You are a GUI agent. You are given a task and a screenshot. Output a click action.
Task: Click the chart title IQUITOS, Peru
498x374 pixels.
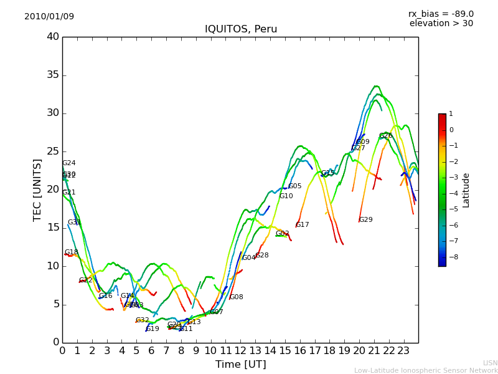241,29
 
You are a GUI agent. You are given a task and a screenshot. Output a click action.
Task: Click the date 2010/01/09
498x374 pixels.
49,16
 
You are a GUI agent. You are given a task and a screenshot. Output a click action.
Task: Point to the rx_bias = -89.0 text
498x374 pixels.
441,14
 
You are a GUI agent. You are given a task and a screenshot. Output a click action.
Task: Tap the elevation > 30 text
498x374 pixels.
441,24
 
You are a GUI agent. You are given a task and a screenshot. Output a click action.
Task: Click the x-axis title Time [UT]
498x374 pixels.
240,364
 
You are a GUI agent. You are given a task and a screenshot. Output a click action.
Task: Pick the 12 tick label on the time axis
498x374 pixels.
240,350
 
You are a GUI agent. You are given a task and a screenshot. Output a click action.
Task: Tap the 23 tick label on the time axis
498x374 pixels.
403,350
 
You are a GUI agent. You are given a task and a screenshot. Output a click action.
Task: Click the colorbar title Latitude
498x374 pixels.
466,190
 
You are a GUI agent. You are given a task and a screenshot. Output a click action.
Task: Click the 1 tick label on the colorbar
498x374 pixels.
451,114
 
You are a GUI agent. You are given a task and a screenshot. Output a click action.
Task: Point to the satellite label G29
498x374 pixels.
365,220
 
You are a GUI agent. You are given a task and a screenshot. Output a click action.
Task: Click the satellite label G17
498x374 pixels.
302,225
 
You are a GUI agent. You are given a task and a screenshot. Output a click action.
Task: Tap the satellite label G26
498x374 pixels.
385,136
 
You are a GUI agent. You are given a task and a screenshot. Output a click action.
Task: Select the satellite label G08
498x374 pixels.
237,297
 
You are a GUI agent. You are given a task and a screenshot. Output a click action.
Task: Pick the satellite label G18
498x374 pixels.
72,252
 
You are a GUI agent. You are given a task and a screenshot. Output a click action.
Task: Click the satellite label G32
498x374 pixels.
143,320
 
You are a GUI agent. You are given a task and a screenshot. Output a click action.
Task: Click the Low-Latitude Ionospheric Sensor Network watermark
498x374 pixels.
426,370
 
